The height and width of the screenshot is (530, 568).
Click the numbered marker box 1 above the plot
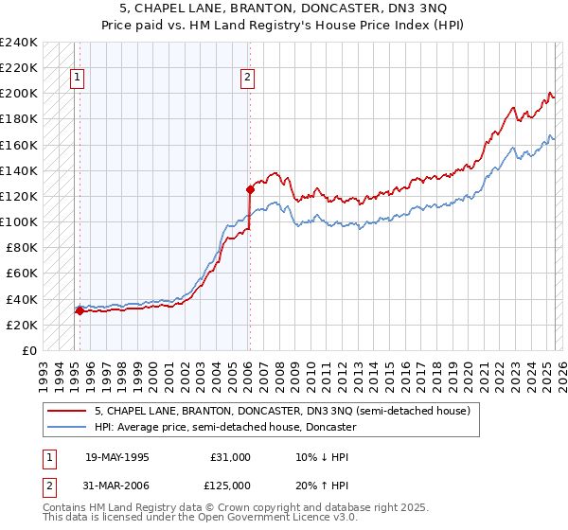coord(77,79)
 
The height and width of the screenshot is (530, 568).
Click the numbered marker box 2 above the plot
coord(247,79)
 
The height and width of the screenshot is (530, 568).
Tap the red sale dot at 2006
coord(250,189)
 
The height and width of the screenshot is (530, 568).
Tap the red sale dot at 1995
coord(80,310)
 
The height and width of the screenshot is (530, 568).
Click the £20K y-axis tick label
coord(22,325)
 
